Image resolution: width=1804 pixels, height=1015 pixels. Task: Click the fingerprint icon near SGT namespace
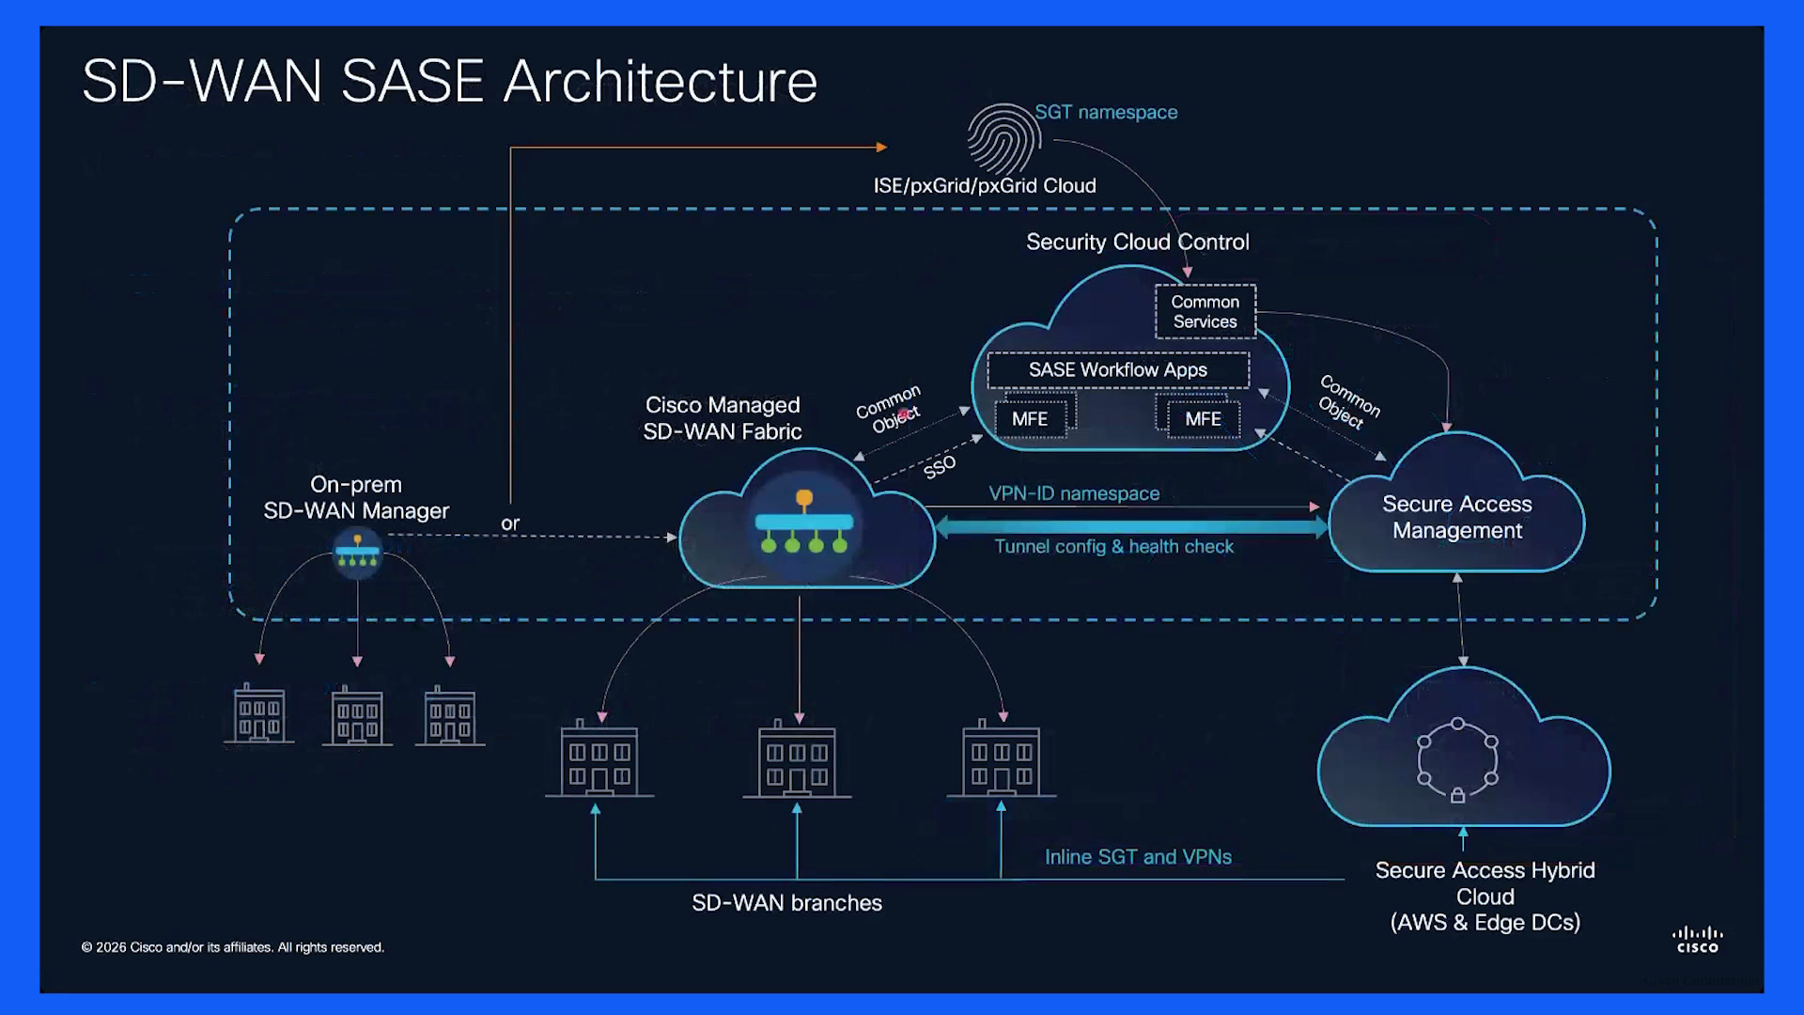tap(1003, 138)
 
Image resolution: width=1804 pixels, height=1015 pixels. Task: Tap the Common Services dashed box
tap(1205, 311)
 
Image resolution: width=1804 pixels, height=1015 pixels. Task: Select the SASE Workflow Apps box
tap(1118, 370)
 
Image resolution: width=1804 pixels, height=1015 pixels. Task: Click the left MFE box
tap(1031, 419)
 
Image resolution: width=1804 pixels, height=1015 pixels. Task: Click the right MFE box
tap(1204, 419)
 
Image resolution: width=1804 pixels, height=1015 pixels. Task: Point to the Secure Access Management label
tap(1457, 517)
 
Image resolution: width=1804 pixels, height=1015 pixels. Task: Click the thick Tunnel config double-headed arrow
tap(1131, 527)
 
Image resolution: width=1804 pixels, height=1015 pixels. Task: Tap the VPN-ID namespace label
tap(1074, 493)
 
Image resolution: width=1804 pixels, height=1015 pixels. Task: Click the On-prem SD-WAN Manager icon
tap(358, 553)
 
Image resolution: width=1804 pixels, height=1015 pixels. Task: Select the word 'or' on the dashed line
tap(510, 523)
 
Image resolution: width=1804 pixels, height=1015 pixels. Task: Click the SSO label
tap(940, 466)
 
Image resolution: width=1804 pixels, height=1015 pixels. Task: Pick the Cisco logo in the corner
tap(1698, 940)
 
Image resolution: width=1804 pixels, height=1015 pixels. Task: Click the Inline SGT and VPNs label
tap(1138, 857)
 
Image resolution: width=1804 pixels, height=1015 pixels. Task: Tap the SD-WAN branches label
tap(786, 903)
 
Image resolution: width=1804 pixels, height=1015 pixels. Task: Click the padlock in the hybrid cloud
tap(1457, 796)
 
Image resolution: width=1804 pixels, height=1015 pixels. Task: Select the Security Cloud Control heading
tap(1138, 242)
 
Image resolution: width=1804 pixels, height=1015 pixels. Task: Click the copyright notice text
tap(233, 947)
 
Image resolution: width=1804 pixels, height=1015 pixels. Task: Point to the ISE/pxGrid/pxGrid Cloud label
tap(985, 186)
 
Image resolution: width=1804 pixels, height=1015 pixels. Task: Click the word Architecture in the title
tap(661, 82)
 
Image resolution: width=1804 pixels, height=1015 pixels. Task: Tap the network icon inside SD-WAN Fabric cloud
tap(804, 523)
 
